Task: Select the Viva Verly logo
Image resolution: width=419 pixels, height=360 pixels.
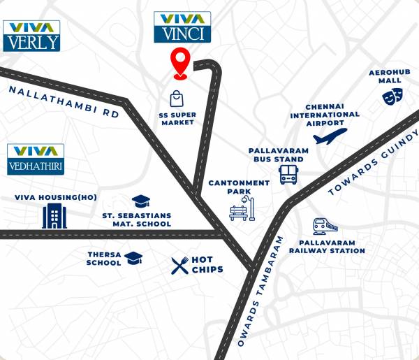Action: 31,35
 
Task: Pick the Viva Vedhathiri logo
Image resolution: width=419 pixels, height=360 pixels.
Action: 36,159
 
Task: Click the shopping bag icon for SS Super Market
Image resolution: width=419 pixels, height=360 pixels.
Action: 177,99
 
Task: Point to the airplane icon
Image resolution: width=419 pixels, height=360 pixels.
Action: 330,136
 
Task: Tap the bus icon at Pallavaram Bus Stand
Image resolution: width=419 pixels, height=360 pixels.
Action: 288,174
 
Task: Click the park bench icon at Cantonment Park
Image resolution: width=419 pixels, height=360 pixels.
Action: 242,208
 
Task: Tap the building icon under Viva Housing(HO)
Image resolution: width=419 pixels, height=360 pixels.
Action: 54,216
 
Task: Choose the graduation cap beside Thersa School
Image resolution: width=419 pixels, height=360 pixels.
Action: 133,259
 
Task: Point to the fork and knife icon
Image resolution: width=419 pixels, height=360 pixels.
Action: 180,264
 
